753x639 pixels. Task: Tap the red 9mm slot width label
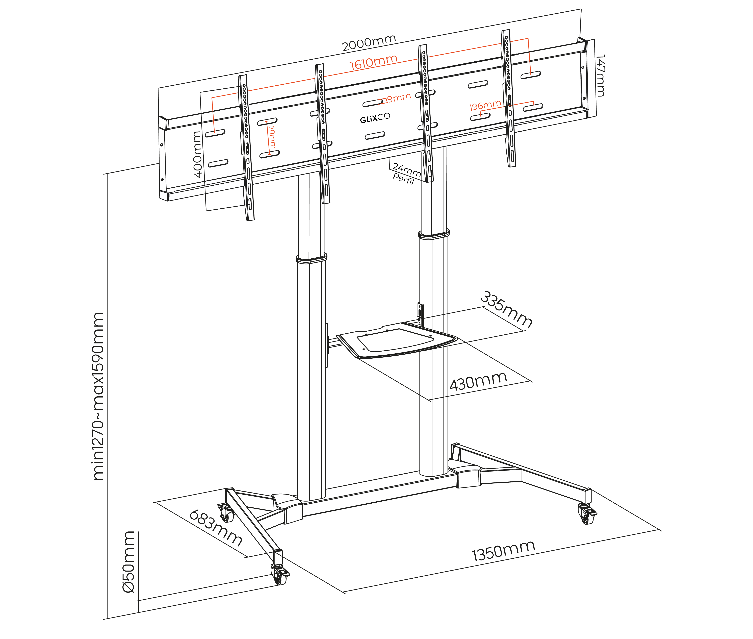click(x=398, y=98)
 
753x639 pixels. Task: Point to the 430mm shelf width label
click(x=478, y=381)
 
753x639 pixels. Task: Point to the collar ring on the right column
click(x=434, y=234)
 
